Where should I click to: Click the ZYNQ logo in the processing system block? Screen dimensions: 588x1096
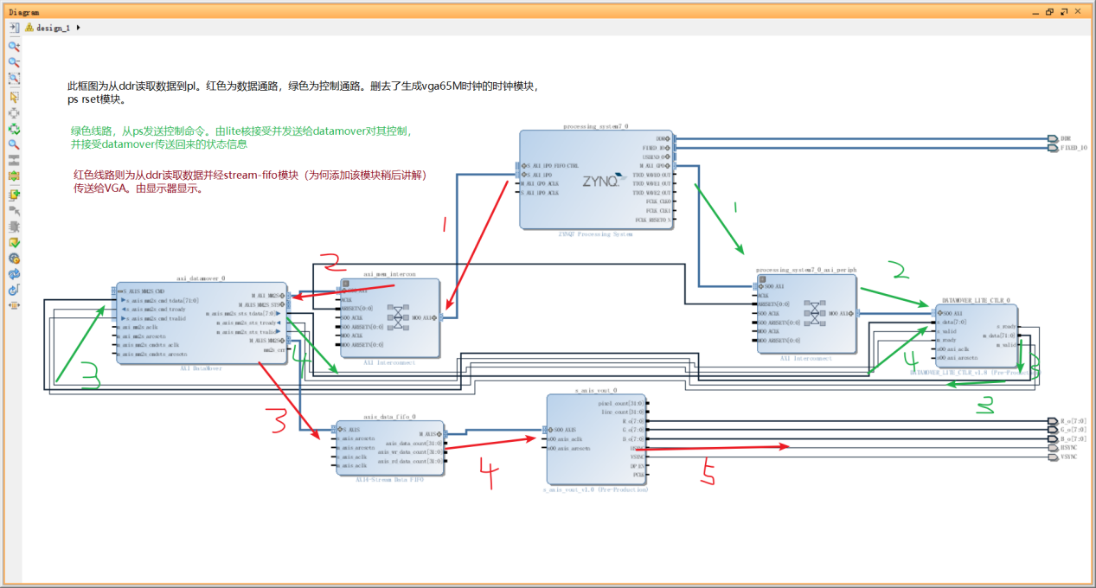click(x=599, y=182)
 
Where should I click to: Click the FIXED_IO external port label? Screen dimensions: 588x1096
click(x=1073, y=148)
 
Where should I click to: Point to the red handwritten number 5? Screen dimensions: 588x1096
click(x=708, y=473)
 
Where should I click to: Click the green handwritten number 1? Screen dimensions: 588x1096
click(x=735, y=208)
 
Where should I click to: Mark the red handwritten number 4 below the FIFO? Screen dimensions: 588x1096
click(x=489, y=470)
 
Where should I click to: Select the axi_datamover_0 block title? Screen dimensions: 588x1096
click(x=201, y=278)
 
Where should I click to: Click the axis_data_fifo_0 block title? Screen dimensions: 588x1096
click(x=389, y=417)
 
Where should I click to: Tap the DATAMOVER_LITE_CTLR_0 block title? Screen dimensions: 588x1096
click(x=976, y=301)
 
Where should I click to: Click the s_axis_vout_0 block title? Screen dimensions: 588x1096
click(x=596, y=391)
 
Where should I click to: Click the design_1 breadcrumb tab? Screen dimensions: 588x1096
click(x=52, y=28)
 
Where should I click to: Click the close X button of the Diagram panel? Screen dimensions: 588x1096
click(x=1077, y=12)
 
